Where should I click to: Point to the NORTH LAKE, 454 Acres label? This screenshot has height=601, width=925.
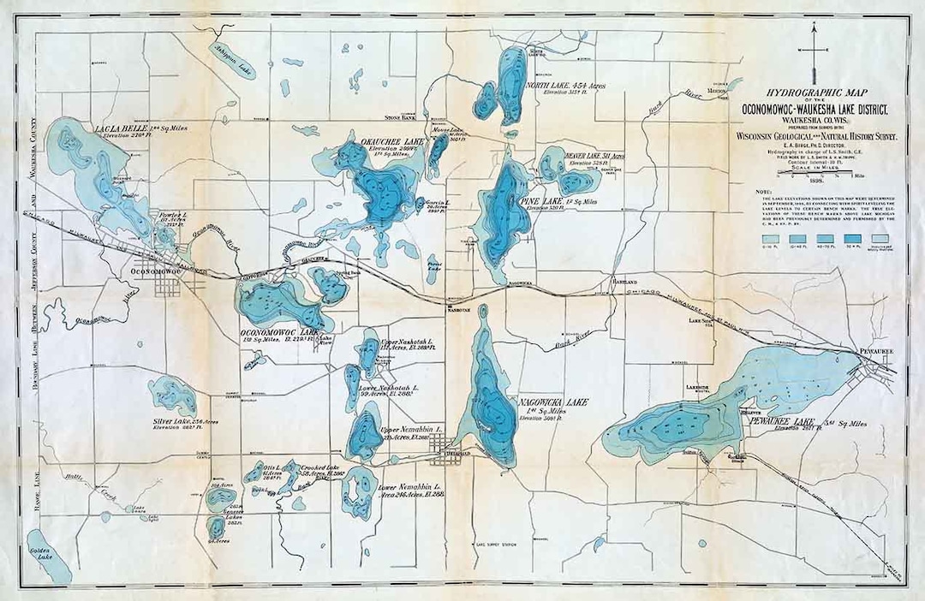pyautogui.click(x=567, y=86)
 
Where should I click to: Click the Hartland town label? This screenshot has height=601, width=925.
pyautogui.click(x=623, y=281)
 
